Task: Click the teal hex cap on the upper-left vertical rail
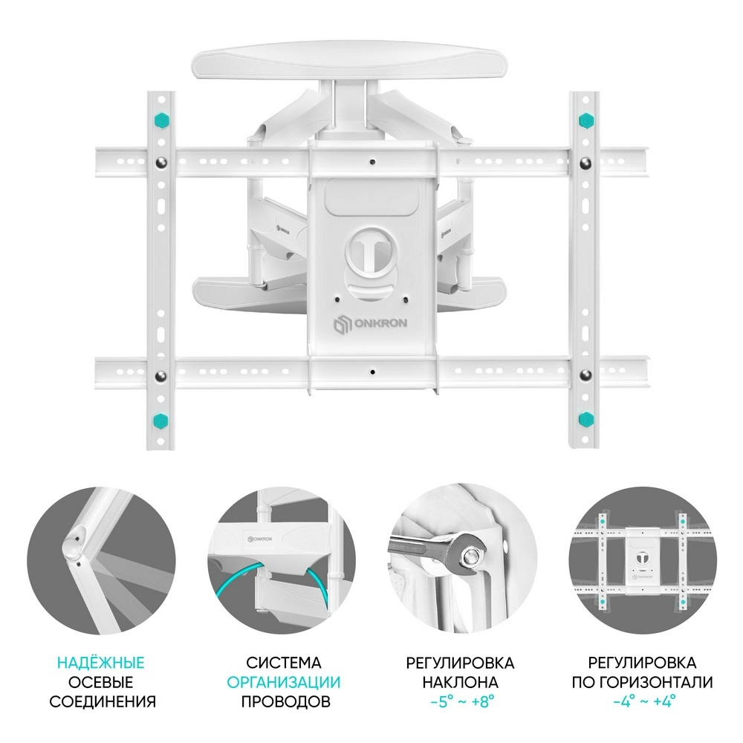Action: [162, 120]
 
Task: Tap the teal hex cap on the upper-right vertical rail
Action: [587, 120]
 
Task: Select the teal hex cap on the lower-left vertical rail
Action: [161, 419]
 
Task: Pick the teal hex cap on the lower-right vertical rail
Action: [587, 419]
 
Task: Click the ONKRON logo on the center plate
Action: [370, 325]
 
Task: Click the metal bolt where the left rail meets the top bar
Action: [161, 163]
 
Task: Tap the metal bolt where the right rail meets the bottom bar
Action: [586, 375]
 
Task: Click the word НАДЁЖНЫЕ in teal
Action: [101, 663]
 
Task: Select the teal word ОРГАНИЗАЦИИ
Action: [283, 682]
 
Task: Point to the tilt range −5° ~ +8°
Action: [462, 701]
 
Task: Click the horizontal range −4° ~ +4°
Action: [644, 701]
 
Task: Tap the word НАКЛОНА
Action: [460, 682]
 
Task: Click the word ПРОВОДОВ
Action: [286, 701]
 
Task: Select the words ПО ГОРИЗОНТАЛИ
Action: [642, 682]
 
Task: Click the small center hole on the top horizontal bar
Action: [372, 162]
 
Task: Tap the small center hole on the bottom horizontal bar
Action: [372, 372]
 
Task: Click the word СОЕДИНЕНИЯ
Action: [103, 701]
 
